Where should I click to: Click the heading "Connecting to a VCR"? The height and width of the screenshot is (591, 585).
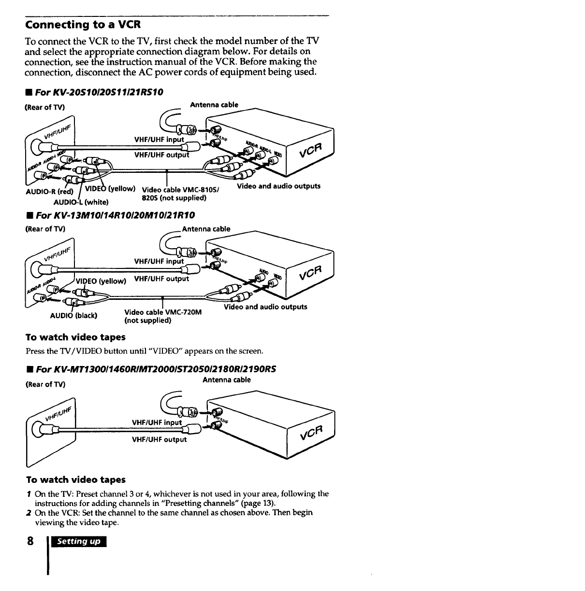tap(83, 24)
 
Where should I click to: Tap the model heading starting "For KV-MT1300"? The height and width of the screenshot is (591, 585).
tap(161, 369)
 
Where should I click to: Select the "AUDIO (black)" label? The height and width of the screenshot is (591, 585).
tap(74, 315)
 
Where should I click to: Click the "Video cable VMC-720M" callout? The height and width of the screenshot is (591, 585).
tap(162, 312)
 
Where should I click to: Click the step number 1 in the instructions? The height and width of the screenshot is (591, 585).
tap(29, 493)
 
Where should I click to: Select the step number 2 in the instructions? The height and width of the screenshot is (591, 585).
tap(29, 512)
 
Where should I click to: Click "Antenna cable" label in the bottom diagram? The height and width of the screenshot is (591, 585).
tap(226, 380)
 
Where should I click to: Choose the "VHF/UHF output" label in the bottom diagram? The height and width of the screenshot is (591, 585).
tap(160, 439)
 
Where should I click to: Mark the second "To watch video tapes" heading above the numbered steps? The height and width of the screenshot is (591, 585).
tap(76, 479)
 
